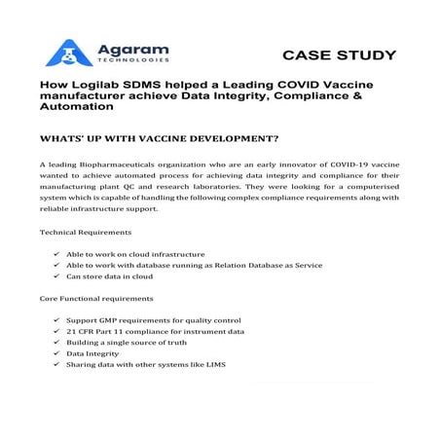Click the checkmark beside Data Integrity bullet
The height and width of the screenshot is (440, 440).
pos(56,353)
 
